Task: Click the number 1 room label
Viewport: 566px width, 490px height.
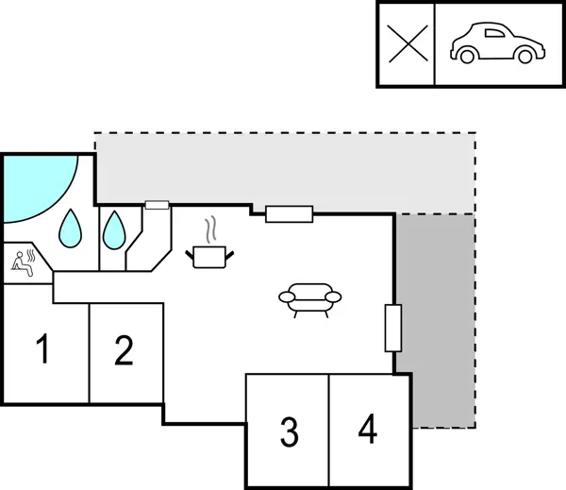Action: tap(42, 351)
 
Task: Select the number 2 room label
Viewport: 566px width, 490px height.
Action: tap(124, 351)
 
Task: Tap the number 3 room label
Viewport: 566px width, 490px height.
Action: tap(289, 431)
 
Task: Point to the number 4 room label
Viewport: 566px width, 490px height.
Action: tap(368, 430)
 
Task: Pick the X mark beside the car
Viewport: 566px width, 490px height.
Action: tap(407, 44)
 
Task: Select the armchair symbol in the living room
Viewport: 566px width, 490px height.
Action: tap(310, 298)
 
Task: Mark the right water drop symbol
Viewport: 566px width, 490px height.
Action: tap(114, 228)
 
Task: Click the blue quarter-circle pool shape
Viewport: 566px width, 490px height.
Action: tap(33, 187)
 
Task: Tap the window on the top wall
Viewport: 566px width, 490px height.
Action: tap(289, 213)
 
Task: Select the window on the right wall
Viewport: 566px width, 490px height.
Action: tap(393, 328)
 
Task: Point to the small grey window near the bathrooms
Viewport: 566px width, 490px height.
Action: tap(157, 204)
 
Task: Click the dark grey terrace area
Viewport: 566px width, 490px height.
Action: tap(435, 321)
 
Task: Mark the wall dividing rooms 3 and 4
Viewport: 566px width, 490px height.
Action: tap(328, 431)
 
